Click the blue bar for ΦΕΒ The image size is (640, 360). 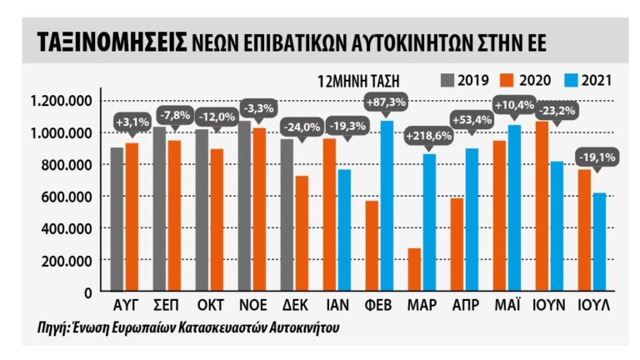pos(386,206)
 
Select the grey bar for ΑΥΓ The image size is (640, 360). pos(117,219)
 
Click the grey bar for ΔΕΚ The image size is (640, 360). pos(287,215)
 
